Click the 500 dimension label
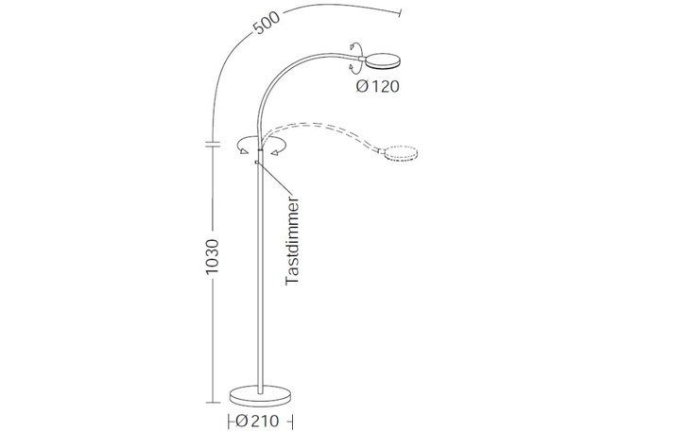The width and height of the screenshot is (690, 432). pyautogui.click(x=267, y=23)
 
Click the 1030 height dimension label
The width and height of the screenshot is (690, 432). pyautogui.click(x=212, y=257)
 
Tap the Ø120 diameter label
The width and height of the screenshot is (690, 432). pyautogui.click(x=377, y=86)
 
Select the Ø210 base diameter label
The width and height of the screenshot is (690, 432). pyautogui.click(x=257, y=421)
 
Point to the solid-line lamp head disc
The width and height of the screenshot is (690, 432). pyautogui.click(x=383, y=61)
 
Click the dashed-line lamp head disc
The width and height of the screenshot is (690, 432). pyautogui.click(x=400, y=153)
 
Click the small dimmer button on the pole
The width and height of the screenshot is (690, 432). pyautogui.click(x=256, y=163)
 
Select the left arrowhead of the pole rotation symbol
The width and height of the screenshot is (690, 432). pyautogui.click(x=243, y=151)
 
